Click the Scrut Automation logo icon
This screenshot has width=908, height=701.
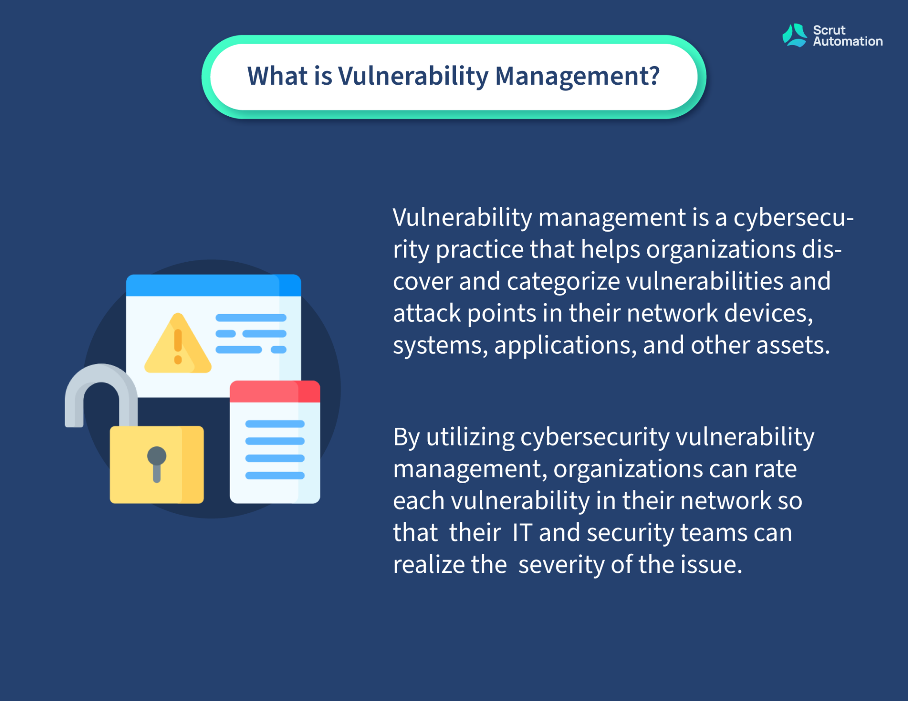point(794,35)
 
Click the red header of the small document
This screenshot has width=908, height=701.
point(275,391)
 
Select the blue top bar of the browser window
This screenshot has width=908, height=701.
point(214,285)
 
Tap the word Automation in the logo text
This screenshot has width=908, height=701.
point(848,41)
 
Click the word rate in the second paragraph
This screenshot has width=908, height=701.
point(775,469)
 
